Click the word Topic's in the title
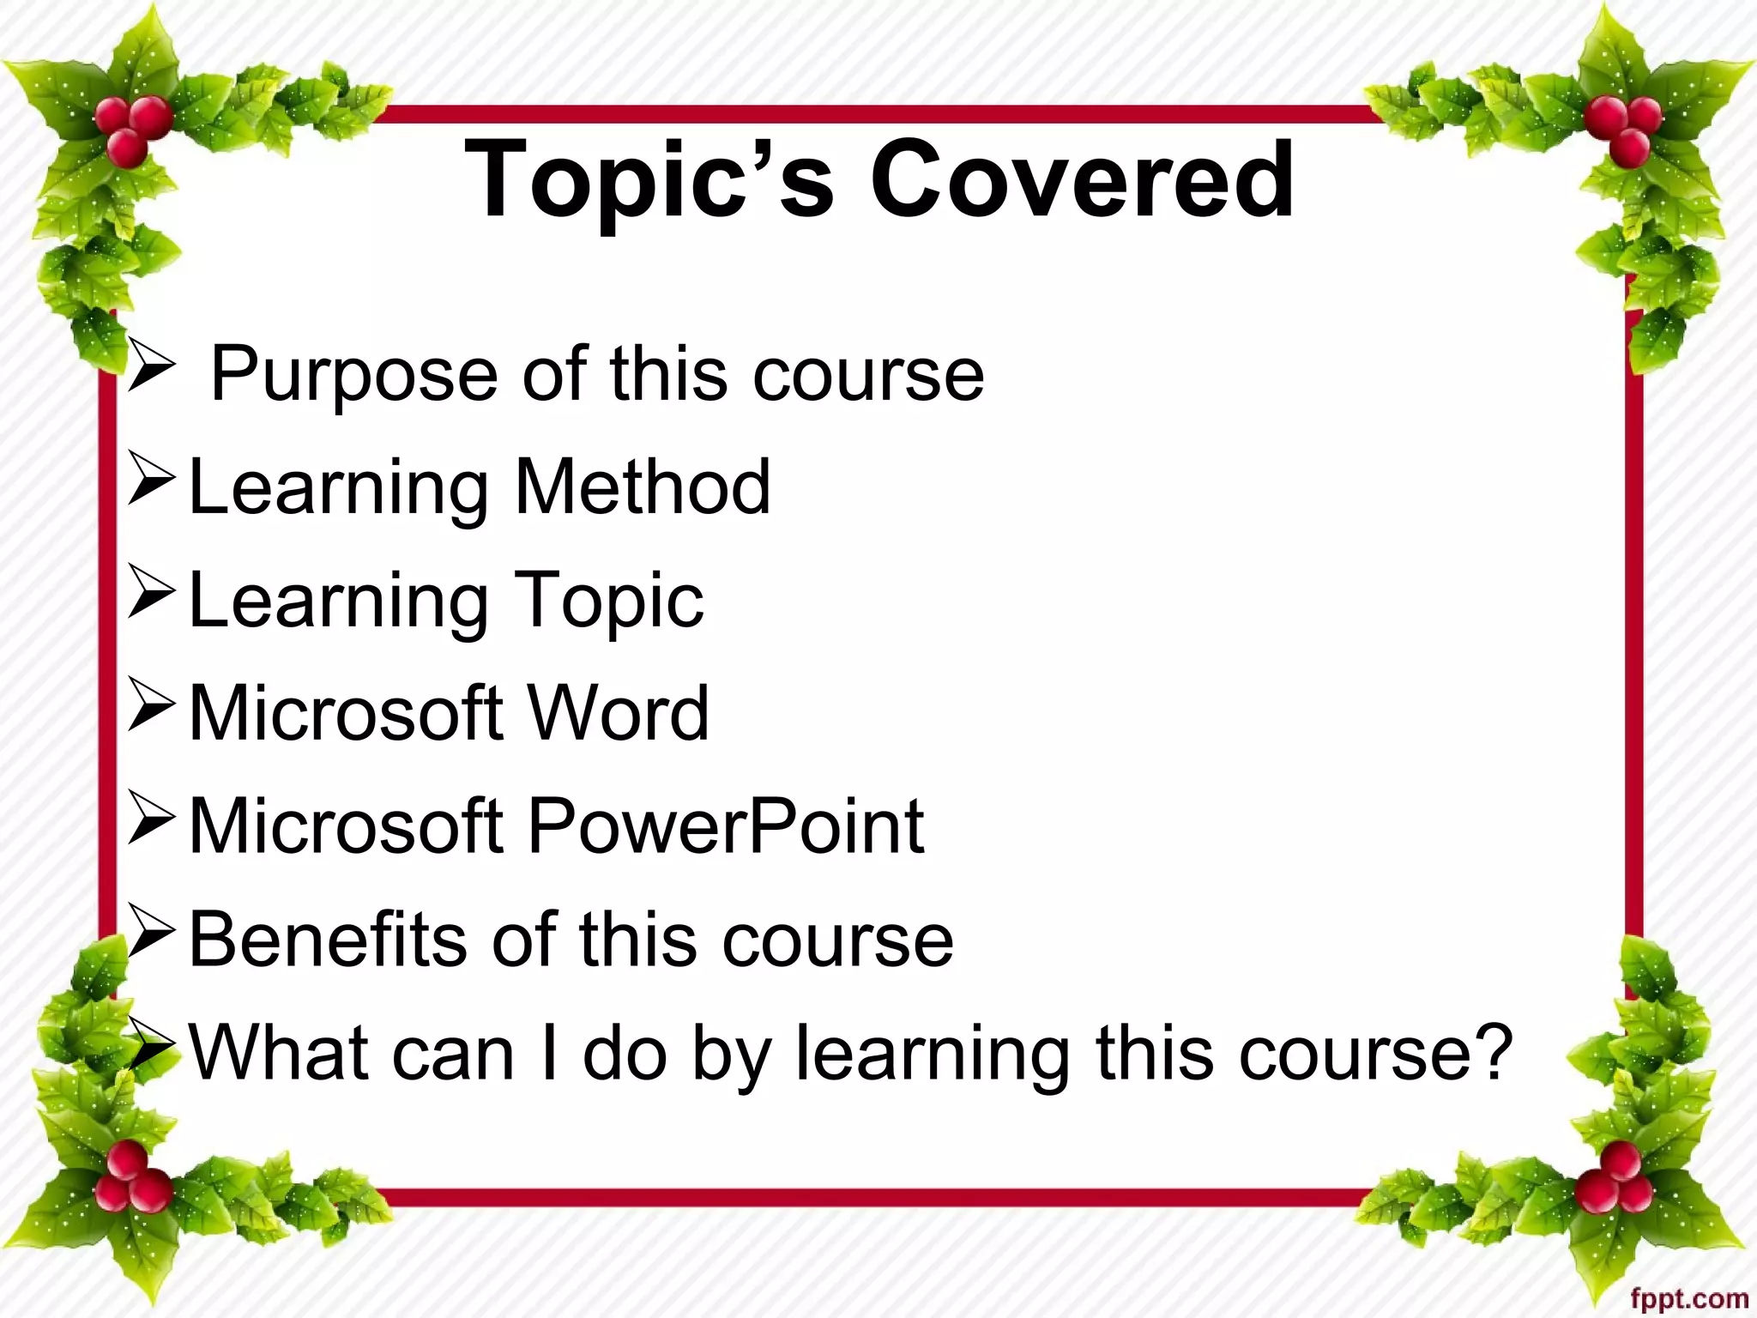coord(649,182)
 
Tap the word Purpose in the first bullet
coord(353,375)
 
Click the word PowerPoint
coord(726,825)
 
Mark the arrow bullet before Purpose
coord(151,367)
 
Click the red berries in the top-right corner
coord(1624,129)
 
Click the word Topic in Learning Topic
coord(608,601)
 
